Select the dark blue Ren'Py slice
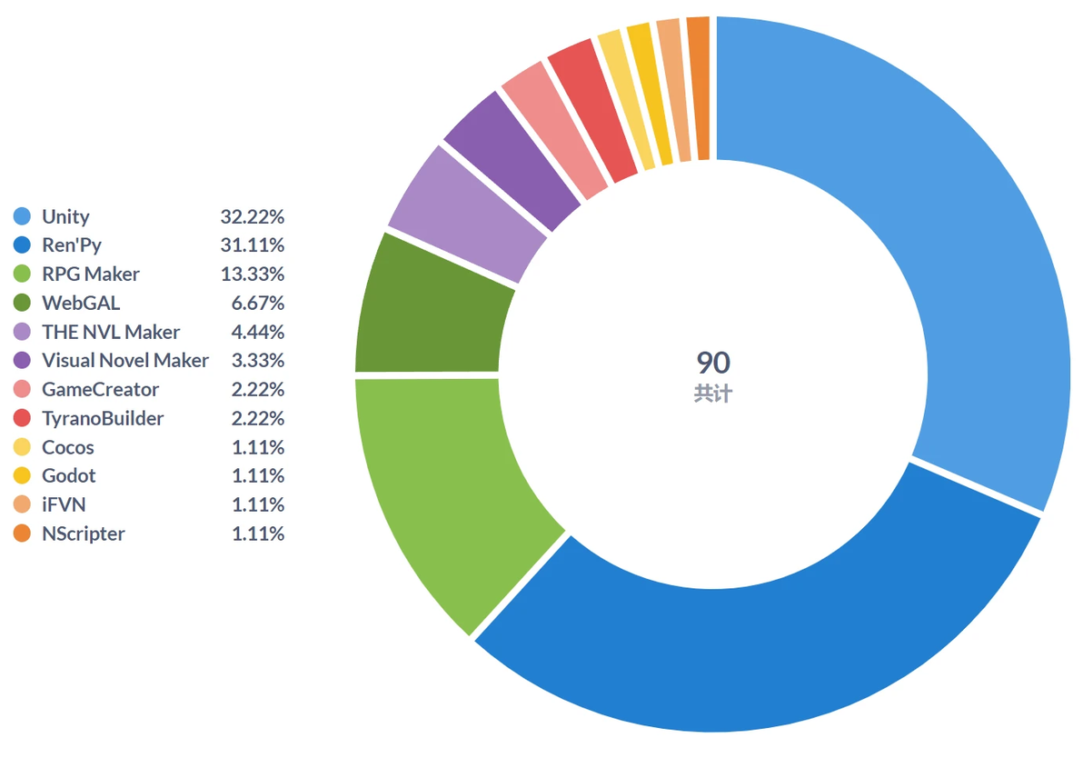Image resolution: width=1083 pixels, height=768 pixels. point(760,656)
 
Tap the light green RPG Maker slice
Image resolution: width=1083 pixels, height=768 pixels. point(442,497)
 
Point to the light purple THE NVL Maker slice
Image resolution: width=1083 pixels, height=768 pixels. point(470,214)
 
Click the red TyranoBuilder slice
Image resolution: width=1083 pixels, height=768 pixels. point(594,107)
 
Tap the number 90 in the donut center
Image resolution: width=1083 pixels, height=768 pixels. point(713,363)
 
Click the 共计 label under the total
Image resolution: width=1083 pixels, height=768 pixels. point(713,394)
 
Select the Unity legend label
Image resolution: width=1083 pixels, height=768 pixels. point(65,217)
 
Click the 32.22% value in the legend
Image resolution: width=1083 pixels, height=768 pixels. point(252,217)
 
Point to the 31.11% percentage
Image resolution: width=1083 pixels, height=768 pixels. point(252,245)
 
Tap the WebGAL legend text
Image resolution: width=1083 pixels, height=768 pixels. point(81,304)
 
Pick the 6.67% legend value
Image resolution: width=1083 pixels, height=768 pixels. point(258,304)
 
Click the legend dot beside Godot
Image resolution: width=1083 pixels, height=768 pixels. point(22,476)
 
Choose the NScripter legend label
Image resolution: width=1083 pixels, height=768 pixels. point(84,534)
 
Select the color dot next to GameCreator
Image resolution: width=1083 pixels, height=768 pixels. point(22,390)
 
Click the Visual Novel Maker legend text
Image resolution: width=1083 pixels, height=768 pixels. point(125,361)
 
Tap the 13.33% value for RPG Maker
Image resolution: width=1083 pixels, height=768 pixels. point(252,274)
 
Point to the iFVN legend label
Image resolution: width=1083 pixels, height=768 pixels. point(64,504)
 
